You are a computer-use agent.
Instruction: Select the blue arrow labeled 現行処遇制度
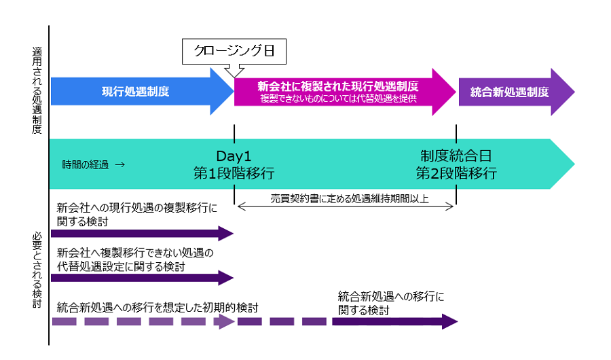coord(136,92)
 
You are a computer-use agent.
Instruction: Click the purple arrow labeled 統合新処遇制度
coord(509,92)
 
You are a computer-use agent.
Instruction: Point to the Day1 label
coord(234,155)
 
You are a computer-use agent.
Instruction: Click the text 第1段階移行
coord(234,173)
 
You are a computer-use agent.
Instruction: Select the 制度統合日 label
coord(456,155)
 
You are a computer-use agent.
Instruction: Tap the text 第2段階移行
coord(456,173)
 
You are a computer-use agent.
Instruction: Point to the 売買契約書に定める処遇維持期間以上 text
coord(344,198)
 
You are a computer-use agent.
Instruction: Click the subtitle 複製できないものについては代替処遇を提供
coord(337,99)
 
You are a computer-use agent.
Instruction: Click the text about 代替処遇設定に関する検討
coord(136,259)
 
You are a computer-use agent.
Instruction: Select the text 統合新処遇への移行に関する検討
coord(391,302)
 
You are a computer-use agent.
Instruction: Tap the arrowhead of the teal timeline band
coord(563,164)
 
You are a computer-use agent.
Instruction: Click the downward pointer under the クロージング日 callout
coord(234,70)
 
